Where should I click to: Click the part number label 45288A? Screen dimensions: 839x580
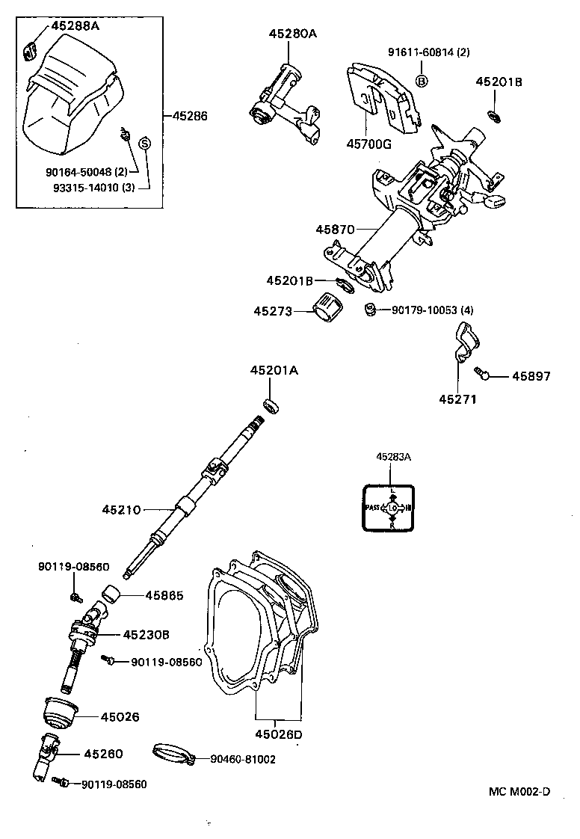[75, 26]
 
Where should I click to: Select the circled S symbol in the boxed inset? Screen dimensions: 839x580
[145, 143]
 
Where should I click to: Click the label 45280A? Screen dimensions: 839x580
[293, 34]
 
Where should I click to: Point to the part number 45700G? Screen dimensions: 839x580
[368, 144]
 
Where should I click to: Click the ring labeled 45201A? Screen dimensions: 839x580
[271, 405]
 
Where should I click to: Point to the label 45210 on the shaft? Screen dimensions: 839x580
[123, 510]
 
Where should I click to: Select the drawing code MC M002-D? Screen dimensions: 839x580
[519, 792]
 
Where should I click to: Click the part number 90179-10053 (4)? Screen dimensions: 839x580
[432, 310]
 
